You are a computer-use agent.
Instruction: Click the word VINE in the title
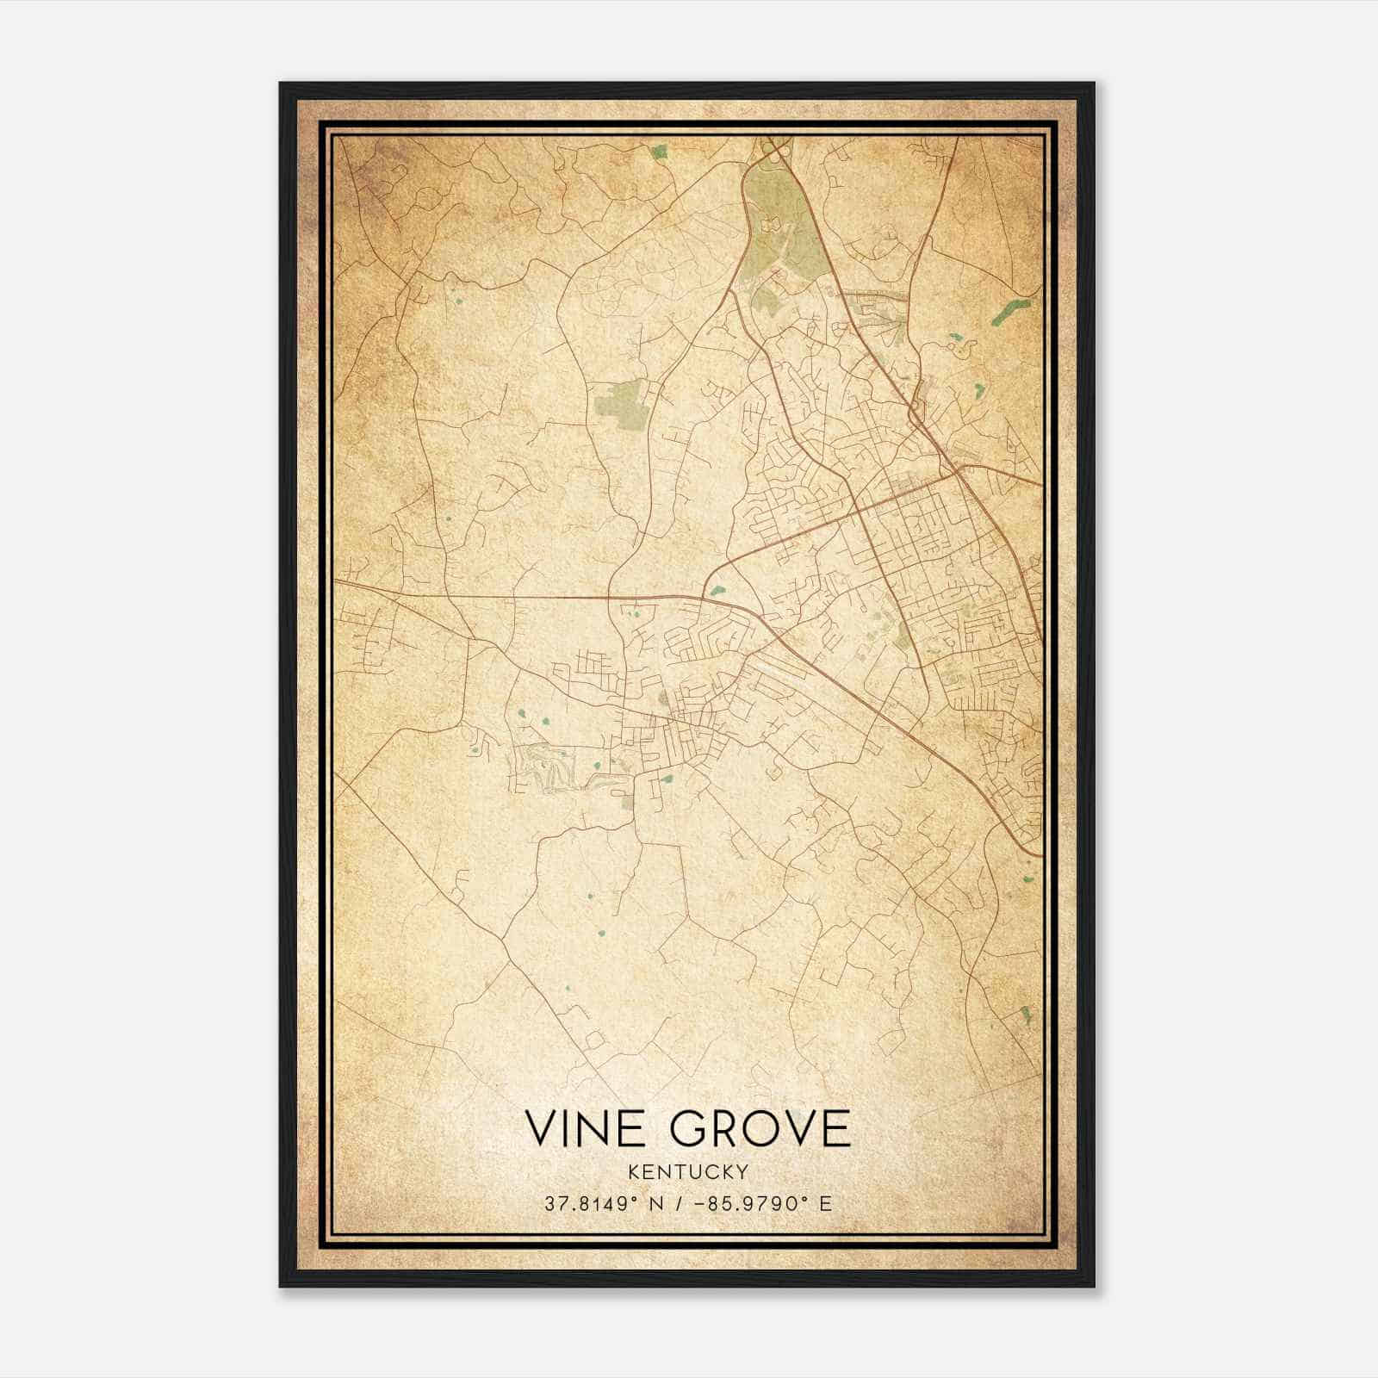582,1129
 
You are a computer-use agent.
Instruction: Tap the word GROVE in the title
760,1129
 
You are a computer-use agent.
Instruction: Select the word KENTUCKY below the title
688,1171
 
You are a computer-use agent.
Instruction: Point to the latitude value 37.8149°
583,1204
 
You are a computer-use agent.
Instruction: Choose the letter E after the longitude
827,1204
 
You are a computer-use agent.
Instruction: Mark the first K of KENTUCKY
635,1171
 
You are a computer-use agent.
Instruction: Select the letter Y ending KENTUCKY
742,1171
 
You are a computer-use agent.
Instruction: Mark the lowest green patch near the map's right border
1025,1014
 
